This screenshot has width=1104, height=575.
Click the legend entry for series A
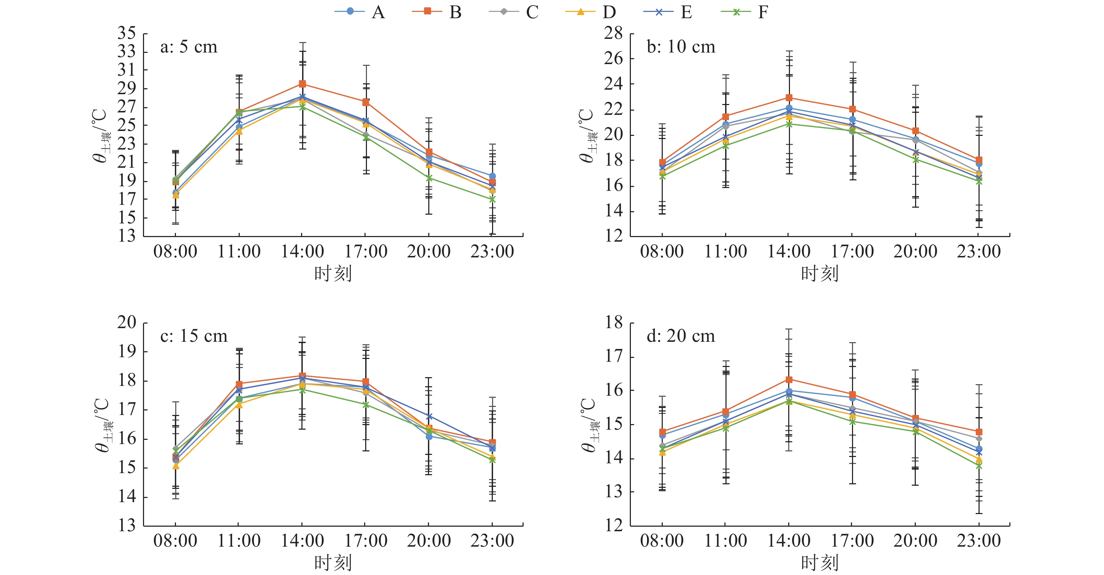pos(360,12)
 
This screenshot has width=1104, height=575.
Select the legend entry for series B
pos(437,12)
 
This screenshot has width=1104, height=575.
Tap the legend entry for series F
pos(745,12)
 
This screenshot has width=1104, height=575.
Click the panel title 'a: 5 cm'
pos(189,47)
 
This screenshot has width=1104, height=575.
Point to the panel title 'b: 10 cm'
pos(681,47)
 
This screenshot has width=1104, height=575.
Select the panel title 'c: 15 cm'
pos(194,336)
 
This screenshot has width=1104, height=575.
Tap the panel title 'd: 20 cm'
pos(681,336)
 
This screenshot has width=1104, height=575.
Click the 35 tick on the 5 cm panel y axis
pos(127,33)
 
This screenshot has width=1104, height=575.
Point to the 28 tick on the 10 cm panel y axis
pos(613,33)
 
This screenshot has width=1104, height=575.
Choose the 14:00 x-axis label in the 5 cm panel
pos(302,251)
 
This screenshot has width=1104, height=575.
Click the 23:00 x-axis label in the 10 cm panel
pos(979,251)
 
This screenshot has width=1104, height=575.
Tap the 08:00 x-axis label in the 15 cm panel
pos(175,541)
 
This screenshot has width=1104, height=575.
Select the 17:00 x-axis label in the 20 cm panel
pos(852,541)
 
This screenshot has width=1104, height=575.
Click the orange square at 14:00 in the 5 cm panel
pos(302,84)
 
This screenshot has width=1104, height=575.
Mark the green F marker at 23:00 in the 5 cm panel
pos(492,200)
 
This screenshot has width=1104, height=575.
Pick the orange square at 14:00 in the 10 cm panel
pos(789,98)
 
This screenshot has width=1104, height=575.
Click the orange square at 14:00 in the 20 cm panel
pos(789,380)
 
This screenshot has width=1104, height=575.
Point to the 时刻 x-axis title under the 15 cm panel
pos(333,562)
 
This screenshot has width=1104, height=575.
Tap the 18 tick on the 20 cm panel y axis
pos(613,323)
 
